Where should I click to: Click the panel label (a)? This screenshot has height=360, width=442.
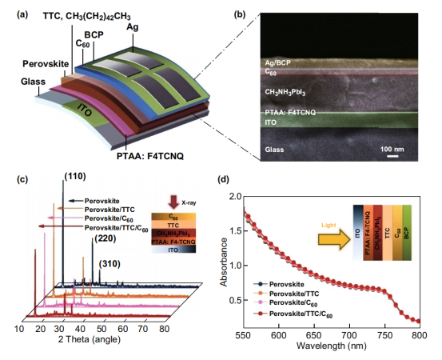22,14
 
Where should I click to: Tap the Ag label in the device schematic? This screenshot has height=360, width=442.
132,27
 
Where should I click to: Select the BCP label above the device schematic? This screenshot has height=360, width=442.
94,34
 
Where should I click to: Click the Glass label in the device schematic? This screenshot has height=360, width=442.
33,82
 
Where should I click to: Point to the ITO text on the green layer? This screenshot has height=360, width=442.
84,110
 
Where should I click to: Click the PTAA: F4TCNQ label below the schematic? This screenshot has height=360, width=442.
150,156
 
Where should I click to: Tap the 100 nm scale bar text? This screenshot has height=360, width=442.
392,149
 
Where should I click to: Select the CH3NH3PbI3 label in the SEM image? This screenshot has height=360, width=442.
285,92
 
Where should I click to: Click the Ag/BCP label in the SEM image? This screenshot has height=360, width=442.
277,62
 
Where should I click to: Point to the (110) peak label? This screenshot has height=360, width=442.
75,176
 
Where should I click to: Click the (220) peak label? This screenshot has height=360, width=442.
106,238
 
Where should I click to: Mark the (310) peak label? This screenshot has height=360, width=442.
110,264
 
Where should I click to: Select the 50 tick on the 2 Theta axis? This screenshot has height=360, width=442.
102,329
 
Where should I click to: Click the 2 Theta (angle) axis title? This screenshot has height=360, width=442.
90,339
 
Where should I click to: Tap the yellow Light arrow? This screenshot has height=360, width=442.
334,239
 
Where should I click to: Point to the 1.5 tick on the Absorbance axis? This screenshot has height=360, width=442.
237,231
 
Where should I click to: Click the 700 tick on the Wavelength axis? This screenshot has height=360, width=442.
349,335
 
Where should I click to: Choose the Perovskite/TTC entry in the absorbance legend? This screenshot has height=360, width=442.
294,294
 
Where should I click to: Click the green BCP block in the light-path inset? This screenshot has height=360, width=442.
407,233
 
